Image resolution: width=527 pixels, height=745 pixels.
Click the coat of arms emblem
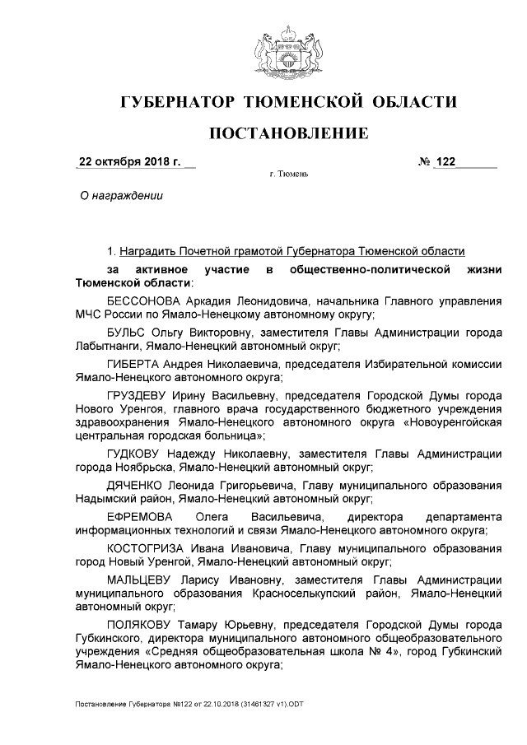[287, 52]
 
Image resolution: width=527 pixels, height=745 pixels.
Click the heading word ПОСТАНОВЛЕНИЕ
[287, 133]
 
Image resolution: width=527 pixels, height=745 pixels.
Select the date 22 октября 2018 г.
[128, 161]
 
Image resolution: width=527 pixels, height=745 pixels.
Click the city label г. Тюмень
[288, 175]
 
